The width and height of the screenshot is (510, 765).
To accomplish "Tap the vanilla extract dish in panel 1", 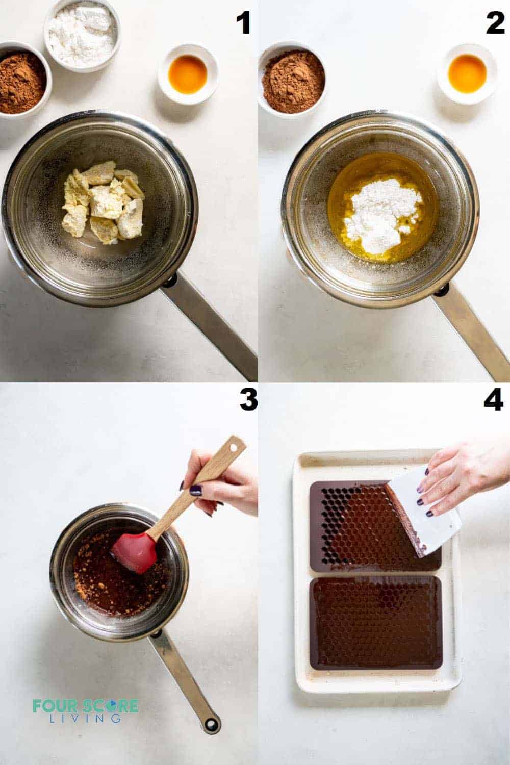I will click(188, 74).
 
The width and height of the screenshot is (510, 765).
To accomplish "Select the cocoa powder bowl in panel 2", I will click(292, 82).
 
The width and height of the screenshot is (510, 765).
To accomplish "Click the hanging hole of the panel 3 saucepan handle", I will click(210, 723).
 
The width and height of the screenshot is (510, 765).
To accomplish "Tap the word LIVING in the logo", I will click(85, 718).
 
